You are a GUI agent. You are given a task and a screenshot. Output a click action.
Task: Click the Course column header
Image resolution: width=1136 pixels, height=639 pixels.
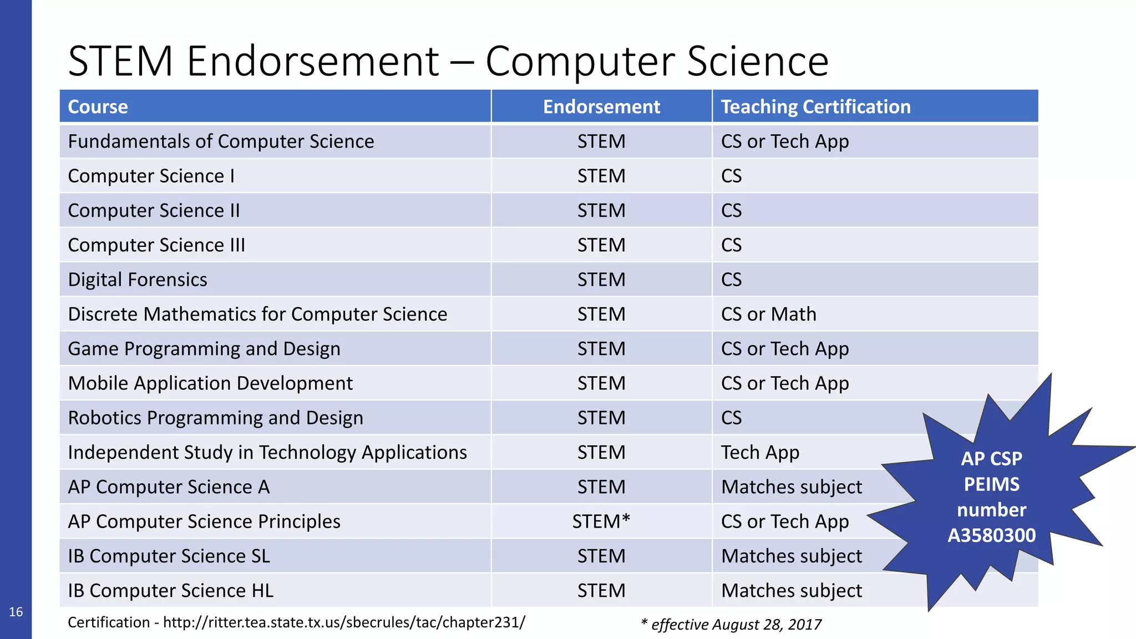point(98,106)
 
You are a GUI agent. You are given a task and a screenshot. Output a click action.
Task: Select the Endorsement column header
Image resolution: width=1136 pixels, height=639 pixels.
point(601,106)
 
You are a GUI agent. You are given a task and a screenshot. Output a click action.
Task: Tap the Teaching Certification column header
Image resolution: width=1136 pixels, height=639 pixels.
point(815,106)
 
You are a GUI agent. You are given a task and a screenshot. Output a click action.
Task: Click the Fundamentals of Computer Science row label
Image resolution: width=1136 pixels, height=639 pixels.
point(221,141)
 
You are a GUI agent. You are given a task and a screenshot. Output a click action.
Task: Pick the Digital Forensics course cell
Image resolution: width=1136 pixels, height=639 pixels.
point(138,280)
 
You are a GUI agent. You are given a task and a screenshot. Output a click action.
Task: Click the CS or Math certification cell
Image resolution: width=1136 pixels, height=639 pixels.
point(768,315)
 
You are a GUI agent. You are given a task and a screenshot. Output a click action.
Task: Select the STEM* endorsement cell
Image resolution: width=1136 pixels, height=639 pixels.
point(601,521)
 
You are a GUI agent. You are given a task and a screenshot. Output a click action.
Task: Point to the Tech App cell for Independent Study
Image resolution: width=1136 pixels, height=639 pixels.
point(760,453)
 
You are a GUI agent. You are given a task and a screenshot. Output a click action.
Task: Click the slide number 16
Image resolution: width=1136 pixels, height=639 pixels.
point(16,612)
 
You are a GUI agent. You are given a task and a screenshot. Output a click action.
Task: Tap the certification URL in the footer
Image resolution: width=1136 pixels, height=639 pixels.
point(344,622)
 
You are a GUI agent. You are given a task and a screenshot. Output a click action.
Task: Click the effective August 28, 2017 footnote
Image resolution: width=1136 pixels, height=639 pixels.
point(731,625)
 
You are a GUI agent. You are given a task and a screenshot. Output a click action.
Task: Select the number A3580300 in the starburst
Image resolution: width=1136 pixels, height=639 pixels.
point(991,535)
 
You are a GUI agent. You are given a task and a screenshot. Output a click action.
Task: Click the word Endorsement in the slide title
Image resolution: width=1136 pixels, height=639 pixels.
point(313,61)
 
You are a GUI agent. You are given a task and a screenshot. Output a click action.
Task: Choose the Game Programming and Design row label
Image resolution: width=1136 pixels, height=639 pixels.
point(204,349)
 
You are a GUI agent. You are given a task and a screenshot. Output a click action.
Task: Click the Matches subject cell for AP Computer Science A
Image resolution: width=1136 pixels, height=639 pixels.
point(792,487)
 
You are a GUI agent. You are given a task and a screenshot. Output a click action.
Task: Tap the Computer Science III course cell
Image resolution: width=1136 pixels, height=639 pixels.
point(156,245)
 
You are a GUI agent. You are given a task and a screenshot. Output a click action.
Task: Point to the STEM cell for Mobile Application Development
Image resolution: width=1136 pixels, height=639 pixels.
point(601,383)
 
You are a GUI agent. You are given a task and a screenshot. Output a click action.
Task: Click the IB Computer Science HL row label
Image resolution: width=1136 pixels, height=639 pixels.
point(171,591)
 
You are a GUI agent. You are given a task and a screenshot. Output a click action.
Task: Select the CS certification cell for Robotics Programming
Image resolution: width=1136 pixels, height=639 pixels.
point(731,418)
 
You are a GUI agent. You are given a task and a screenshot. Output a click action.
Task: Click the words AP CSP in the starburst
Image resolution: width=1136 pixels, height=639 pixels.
point(991,459)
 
